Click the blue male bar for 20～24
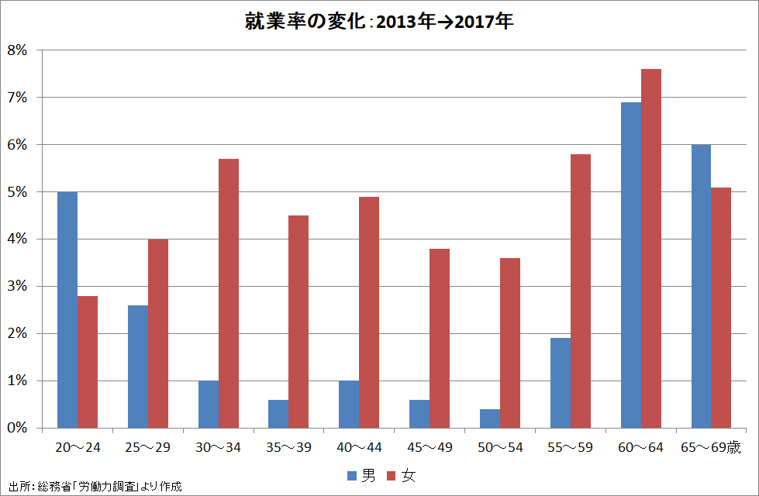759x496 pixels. pyautogui.click(x=67, y=310)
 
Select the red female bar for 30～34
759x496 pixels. pyautogui.click(x=229, y=294)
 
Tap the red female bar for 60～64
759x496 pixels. pyautogui.click(x=651, y=249)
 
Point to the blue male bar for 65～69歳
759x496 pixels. pyautogui.click(x=702, y=287)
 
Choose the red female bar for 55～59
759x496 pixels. pyautogui.click(x=581, y=291)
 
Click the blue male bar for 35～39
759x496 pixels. pyautogui.click(x=278, y=414)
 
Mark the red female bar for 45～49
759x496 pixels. pyautogui.click(x=440, y=339)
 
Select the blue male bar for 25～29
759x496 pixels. pyautogui.click(x=138, y=367)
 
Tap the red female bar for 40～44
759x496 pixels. pyautogui.click(x=369, y=312)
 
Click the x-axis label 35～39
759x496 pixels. pyautogui.click(x=288, y=447)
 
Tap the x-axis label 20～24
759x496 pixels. pyautogui.click(x=78, y=447)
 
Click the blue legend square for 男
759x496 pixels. pyautogui.click(x=351, y=475)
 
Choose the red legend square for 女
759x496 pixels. pyautogui.click(x=392, y=475)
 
